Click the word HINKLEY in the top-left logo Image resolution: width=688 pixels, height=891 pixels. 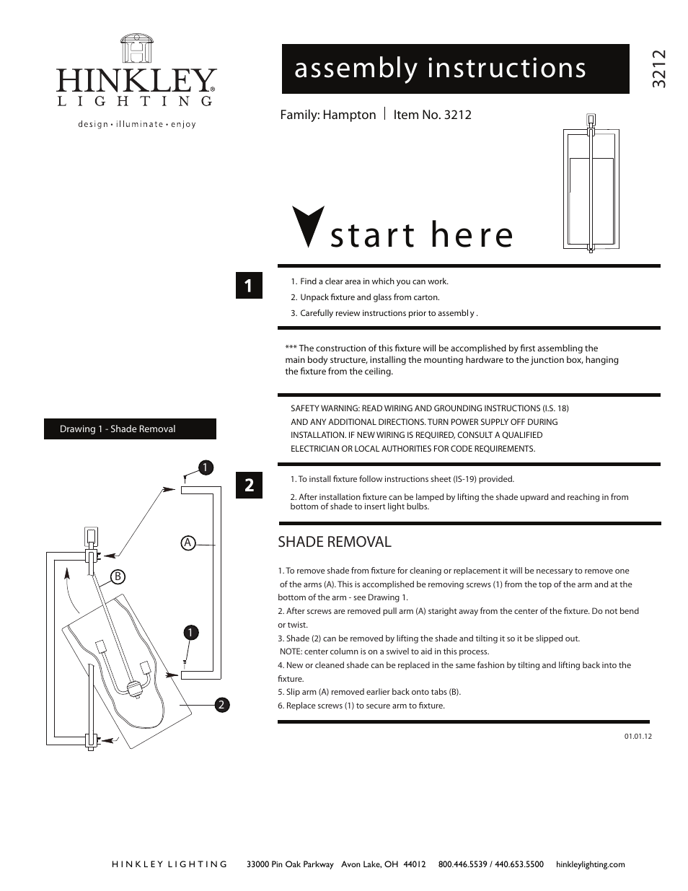(x=136, y=81)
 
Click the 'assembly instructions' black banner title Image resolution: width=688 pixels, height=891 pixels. (x=440, y=69)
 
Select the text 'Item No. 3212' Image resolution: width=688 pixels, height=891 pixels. (x=432, y=115)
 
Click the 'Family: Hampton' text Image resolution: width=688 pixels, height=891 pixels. (x=328, y=115)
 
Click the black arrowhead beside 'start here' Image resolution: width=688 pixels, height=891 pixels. (x=306, y=227)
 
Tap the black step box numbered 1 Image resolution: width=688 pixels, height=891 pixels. (x=249, y=286)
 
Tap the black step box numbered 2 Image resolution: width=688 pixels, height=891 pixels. (x=249, y=485)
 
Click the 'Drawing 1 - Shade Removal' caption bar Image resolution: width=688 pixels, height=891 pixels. (x=130, y=429)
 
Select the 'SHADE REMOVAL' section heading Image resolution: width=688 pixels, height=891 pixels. (x=334, y=542)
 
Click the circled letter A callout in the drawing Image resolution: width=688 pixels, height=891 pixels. (x=188, y=543)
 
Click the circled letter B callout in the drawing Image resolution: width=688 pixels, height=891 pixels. (x=118, y=576)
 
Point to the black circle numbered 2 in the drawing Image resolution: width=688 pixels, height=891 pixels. (x=222, y=704)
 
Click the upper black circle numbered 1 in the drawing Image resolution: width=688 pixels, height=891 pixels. (x=205, y=468)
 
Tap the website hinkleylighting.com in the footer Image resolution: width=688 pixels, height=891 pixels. (x=590, y=864)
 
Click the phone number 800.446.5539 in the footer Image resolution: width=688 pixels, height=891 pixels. (x=462, y=864)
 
